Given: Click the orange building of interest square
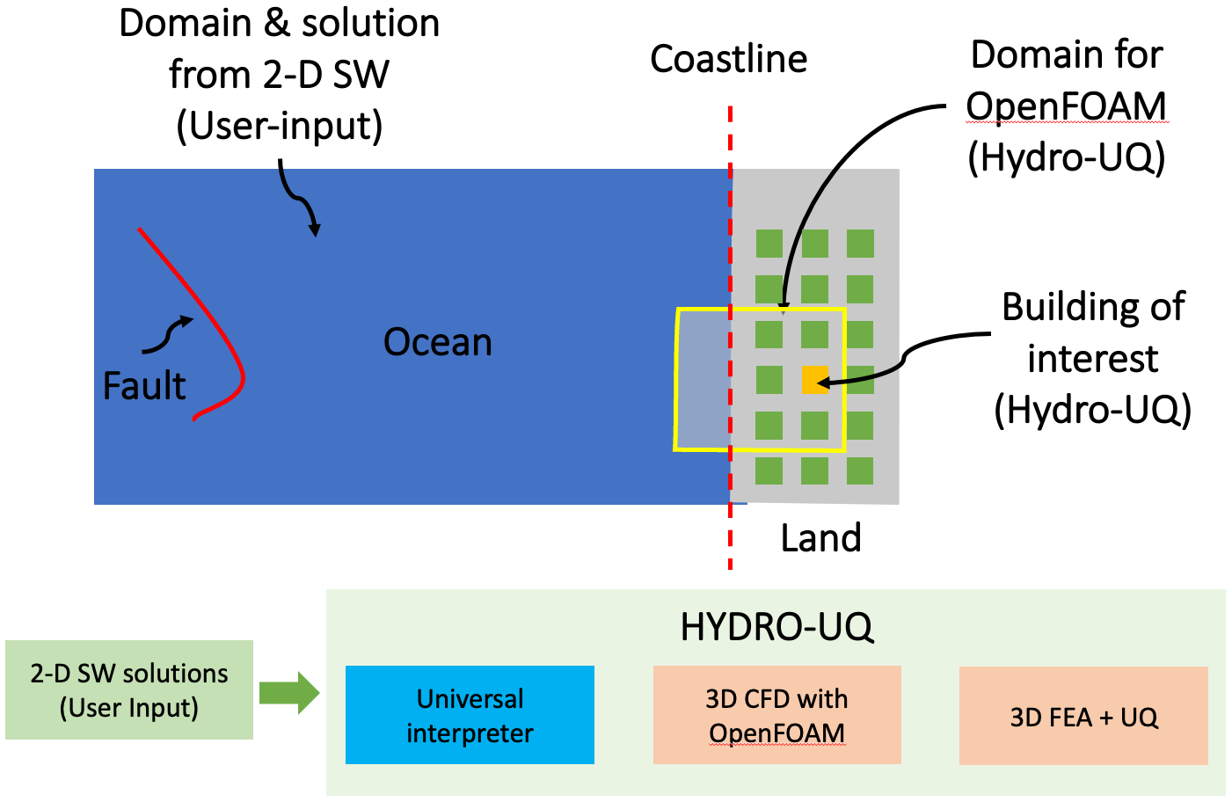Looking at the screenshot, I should [814, 380].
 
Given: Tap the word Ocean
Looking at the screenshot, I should [438, 342].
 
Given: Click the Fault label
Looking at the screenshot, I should [144, 386].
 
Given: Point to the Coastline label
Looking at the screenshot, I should [728, 59].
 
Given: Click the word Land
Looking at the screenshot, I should [820, 537].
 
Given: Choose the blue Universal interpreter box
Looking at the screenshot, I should [470, 715].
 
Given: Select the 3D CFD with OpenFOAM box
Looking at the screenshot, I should [776, 715].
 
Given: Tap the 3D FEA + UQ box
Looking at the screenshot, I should [1083, 716].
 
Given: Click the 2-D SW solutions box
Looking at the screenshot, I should [129, 690].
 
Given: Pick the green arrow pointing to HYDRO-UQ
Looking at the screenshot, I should [289, 692].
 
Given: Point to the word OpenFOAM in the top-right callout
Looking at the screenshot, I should [1066, 106].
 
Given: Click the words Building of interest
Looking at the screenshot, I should [1092, 333].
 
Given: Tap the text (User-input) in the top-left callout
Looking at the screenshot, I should [280, 126].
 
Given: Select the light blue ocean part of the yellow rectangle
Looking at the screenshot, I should [703, 379].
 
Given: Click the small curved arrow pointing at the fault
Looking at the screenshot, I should [167, 337].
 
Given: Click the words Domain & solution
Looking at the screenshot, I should [280, 23].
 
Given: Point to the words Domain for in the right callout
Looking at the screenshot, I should [1066, 55].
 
